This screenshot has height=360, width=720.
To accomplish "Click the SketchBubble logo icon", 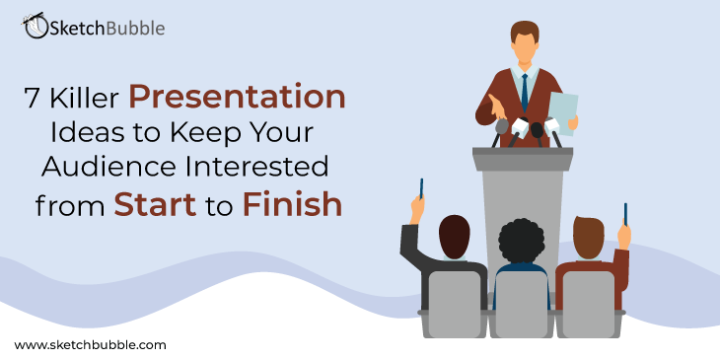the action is pyautogui.click(x=35, y=26).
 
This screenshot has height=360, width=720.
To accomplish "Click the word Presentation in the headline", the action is pyautogui.click(x=237, y=98).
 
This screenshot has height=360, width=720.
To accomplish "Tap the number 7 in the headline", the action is pyautogui.click(x=32, y=98).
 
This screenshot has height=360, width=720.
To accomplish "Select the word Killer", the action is pyautogui.click(x=86, y=98).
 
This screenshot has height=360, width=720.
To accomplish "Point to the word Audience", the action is pyautogui.click(x=108, y=167).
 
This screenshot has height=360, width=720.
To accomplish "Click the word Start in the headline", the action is pyautogui.click(x=155, y=204).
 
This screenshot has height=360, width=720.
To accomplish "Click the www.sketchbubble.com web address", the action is pyautogui.click(x=90, y=345).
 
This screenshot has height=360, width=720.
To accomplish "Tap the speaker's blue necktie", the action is pyautogui.click(x=525, y=93).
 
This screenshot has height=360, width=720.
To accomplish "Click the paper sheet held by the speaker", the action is pyautogui.click(x=563, y=113).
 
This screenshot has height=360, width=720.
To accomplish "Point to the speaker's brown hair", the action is pyautogui.click(x=525, y=30).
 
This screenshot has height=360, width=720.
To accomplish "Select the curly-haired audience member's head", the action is pyautogui.click(x=521, y=242).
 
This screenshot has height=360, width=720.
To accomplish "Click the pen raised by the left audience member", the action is pyautogui.click(x=421, y=188).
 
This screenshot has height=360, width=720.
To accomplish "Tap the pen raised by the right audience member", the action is pyautogui.click(x=625, y=214).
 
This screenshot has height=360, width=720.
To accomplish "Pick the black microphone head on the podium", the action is pyautogui.click(x=537, y=130).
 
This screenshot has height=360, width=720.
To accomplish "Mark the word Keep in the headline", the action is pyautogui.click(x=199, y=133).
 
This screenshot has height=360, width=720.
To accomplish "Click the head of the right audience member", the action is pyautogui.click(x=588, y=238).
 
